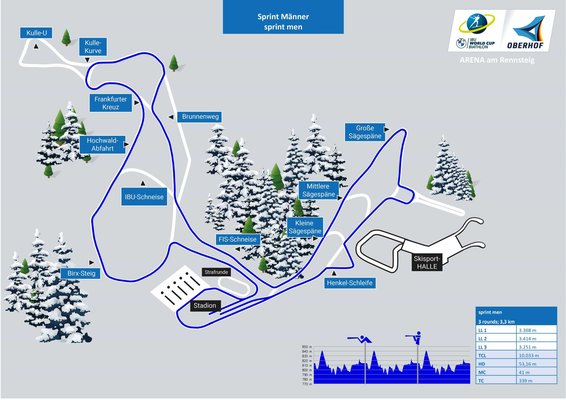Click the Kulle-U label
point(36,33)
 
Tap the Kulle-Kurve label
point(93,47)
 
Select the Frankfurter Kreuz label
point(111,103)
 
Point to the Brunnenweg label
point(200,117)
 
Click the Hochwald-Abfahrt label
point(102,144)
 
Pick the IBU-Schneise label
point(144,197)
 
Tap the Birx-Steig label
point(81,273)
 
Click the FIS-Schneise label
point(237,239)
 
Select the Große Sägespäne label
point(365,132)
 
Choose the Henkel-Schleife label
point(350,283)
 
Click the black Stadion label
point(205,305)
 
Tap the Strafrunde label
point(216,272)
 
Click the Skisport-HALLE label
point(427,262)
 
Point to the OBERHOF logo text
point(525,45)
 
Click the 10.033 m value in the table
point(529,356)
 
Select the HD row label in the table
point(482,364)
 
